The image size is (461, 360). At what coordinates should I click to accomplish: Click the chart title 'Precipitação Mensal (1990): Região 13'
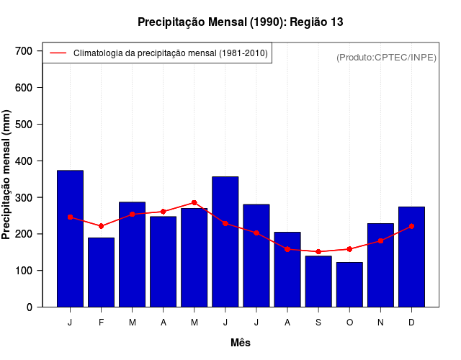pyautogui.click(x=240, y=22)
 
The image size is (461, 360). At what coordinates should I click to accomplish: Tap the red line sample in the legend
pyautogui.click(x=58, y=53)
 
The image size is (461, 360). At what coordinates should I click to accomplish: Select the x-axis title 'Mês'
pyautogui.click(x=240, y=343)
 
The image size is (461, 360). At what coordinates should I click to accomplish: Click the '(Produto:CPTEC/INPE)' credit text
pyautogui.click(x=386, y=57)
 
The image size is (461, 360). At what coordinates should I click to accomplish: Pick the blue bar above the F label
pyautogui.click(x=101, y=272)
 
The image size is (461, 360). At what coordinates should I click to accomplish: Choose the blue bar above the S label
pyautogui.click(x=318, y=282)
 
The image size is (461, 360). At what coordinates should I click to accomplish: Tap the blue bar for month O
pyautogui.click(x=349, y=284)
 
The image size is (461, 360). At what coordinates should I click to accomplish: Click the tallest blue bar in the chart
pyautogui.click(x=70, y=238)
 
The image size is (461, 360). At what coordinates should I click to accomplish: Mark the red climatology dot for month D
pyautogui.click(x=411, y=226)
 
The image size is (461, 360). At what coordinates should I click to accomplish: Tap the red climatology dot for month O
pyautogui.click(x=349, y=249)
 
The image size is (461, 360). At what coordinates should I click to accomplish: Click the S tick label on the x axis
pyautogui.click(x=318, y=323)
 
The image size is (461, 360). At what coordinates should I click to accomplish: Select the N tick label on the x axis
pyautogui.click(x=380, y=323)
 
